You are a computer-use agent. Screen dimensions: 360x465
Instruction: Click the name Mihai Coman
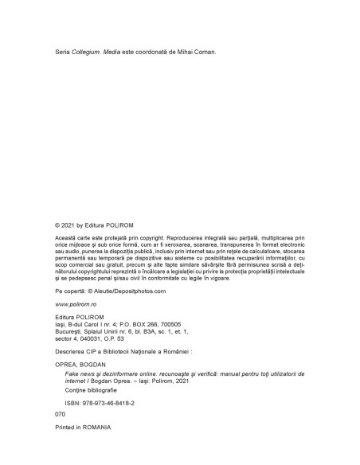tap(195, 53)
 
